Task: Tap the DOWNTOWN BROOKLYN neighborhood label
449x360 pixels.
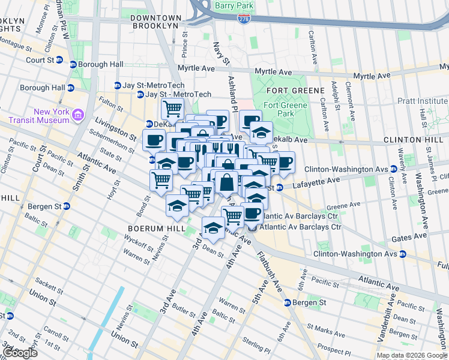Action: tap(155, 22)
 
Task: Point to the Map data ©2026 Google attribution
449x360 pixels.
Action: tap(412, 355)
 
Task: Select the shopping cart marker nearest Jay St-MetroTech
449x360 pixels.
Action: tap(172, 109)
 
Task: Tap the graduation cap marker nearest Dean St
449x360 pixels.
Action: tap(212, 227)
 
